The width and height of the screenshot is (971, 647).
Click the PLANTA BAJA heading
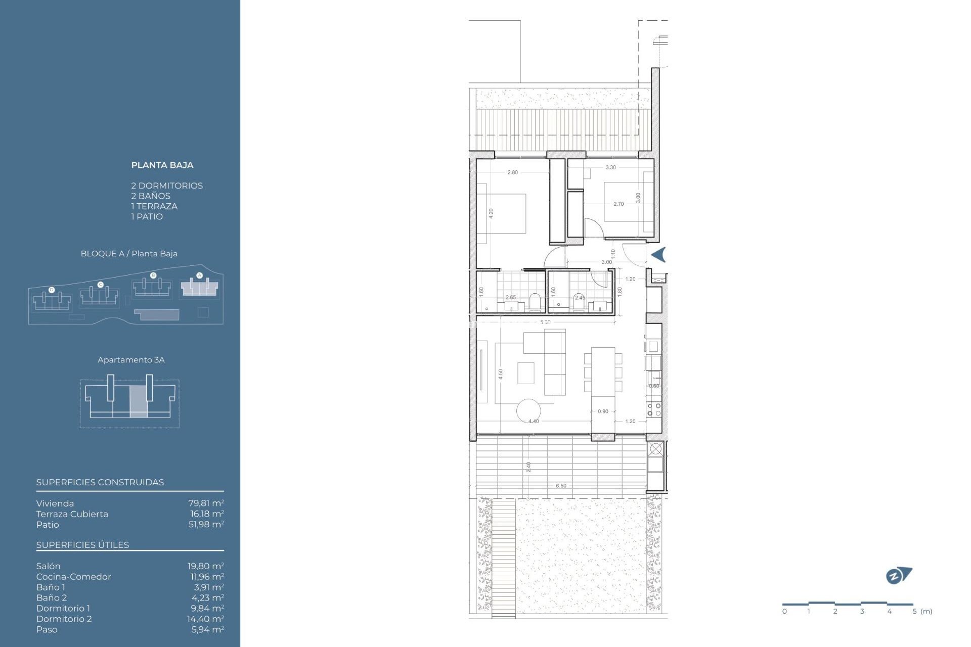[x=162, y=165]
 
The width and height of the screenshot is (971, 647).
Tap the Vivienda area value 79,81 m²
[x=206, y=503]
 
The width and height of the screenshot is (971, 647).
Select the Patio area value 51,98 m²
[x=206, y=525]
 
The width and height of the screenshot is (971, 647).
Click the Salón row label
[x=48, y=566]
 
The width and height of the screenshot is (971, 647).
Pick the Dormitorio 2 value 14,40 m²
[x=205, y=619]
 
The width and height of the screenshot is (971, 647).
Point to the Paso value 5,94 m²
[x=207, y=629]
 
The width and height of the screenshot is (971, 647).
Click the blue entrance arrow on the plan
[x=658, y=255]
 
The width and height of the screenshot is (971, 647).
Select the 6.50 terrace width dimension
[x=561, y=486]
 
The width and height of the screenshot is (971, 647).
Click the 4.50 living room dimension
[x=501, y=374]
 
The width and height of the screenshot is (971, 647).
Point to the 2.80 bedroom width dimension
[x=512, y=172]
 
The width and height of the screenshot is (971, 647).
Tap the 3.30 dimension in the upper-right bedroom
[x=610, y=167]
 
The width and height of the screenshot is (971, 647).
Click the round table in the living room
[x=528, y=411]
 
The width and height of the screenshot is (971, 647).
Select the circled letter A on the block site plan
[x=199, y=275]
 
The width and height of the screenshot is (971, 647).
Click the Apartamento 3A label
[x=131, y=360]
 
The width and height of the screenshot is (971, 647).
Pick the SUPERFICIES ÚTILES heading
[x=82, y=545]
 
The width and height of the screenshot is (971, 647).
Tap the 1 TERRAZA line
[x=154, y=206]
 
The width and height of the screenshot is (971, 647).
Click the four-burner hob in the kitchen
[x=654, y=409]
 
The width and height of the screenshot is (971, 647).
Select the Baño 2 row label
[x=51, y=597]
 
